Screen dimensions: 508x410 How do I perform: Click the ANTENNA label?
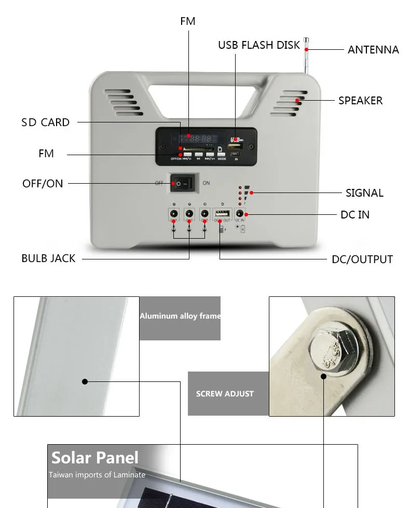(373, 50)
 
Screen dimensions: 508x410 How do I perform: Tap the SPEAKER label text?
(360, 101)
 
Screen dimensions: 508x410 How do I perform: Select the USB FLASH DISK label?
(259, 45)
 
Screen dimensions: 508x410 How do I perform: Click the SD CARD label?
(45, 122)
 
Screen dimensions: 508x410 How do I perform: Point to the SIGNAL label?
(364, 193)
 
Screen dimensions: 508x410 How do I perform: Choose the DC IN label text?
(355, 215)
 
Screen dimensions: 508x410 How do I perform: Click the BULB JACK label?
(48, 258)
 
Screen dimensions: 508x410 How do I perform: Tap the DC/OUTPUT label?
(362, 259)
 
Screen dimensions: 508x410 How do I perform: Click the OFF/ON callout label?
(43, 184)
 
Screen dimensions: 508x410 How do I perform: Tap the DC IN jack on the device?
(240, 214)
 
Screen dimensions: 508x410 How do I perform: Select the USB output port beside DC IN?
(222, 214)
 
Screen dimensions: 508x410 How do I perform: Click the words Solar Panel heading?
(95, 458)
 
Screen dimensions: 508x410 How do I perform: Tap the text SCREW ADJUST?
(225, 394)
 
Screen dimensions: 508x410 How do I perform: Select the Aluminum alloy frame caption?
(180, 316)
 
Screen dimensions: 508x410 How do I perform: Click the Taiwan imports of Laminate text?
(97, 475)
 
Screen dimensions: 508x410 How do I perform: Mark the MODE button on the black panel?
(222, 154)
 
